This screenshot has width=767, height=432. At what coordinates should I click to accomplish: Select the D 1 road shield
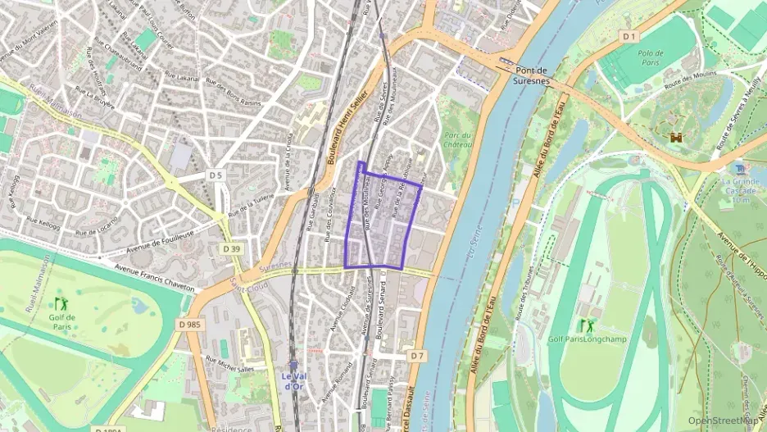pyautogui.click(x=629, y=36)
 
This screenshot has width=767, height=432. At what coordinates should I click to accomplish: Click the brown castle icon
pyautogui.click(x=676, y=139)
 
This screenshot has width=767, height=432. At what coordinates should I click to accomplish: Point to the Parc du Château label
pyautogui.click(x=457, y=140)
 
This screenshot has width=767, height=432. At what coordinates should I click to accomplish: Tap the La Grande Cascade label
pyautogui.click(x=740, y=186)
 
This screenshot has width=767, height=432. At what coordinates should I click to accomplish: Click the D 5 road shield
pyautogui.click(x=216, y=175)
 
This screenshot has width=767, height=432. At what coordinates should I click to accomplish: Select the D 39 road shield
pyautogui.click(x=232, y=249)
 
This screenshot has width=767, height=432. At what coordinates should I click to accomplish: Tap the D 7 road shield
pyautogui.click(x=417, y=355)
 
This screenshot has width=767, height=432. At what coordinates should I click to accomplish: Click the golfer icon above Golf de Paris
pyautogui.click(x=60, y=303)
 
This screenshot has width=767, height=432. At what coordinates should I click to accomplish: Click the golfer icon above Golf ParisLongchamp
pyautogui.click(x=586, y=325)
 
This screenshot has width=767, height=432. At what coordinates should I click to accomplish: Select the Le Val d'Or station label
pyautogui.click(x=293, y=381)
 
